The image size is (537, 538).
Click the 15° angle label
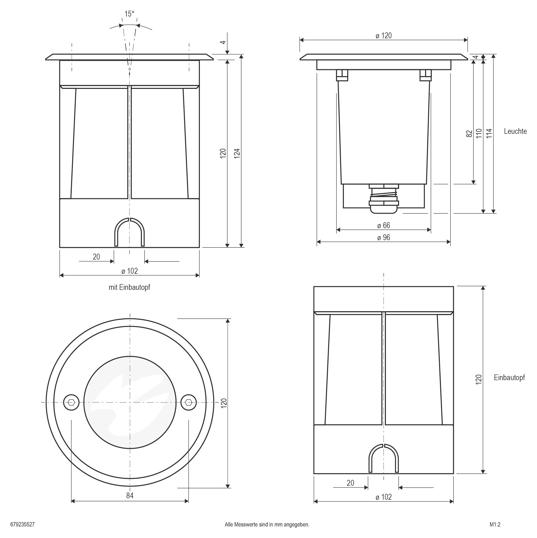click(129, 14)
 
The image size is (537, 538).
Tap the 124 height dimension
click(237, 153)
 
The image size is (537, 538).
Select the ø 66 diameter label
click(384, 225)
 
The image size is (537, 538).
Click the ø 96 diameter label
click(384, 238)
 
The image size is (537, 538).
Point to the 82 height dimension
click(469, 133)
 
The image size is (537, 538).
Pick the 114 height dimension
click(489, 133)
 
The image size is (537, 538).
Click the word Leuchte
click(515, 131)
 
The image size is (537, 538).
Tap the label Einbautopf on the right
click(509, 377)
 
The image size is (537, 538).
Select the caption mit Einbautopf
click(129, 287)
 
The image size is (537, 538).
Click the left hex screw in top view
click(71, 402)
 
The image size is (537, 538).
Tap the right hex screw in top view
click(188, 402)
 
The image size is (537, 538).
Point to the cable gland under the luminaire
click(384, 199)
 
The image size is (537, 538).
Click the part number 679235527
click(22, 524)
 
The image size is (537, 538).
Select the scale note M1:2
click(495, 524)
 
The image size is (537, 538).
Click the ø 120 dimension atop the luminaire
click(384, 36)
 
